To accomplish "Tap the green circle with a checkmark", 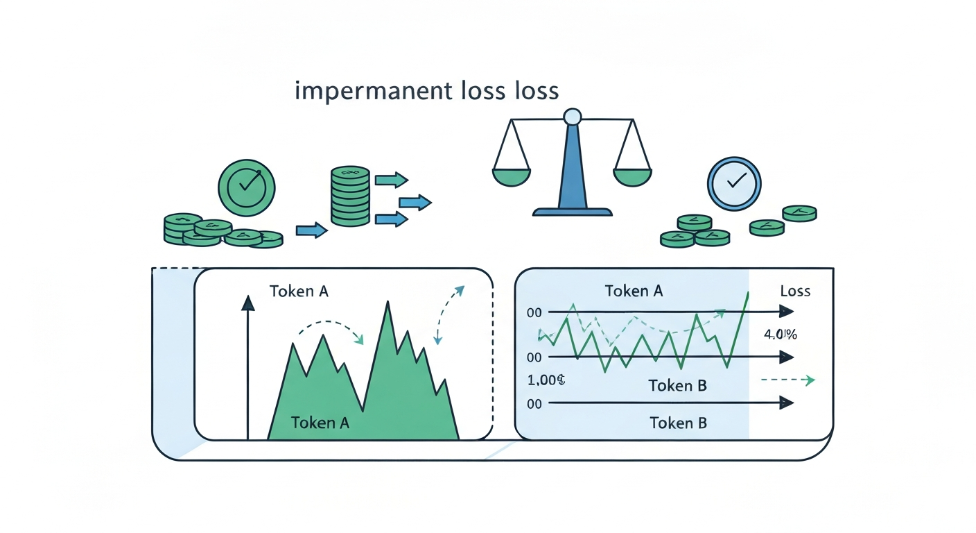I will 246,188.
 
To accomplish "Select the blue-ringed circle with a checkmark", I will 734,183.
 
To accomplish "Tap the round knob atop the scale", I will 572,117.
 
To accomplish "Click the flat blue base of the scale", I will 572,211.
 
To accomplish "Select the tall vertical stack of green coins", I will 349,196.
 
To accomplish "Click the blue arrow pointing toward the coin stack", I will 311,230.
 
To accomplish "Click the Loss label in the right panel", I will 794,291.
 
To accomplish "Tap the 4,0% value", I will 780,335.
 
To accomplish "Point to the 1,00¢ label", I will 547,381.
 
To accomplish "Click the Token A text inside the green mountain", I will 320,422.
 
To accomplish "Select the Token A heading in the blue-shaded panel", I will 634,291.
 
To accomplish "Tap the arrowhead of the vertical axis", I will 247,303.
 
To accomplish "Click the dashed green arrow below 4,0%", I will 787,380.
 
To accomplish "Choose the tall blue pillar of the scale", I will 572,167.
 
